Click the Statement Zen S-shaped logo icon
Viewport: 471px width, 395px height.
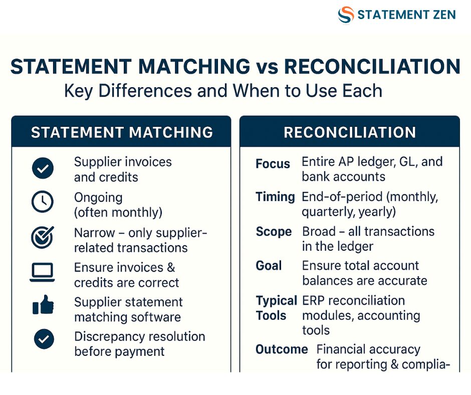[346, 15]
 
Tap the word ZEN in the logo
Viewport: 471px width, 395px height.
[444, 15]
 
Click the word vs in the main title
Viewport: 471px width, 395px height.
[267, 67]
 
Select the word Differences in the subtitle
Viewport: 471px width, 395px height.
[145, 91]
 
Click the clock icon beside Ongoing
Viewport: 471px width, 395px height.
[43, 202]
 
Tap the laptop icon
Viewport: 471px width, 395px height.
[42, 272]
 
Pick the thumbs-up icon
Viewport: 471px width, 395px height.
[43, 304]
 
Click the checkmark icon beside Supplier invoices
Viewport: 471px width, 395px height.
[43, 168]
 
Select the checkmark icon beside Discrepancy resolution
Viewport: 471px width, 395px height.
[44, 339]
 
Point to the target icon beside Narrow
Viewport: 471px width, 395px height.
[43, 237]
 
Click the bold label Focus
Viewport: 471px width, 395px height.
[273, 164]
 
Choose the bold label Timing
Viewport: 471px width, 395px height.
[275, 197]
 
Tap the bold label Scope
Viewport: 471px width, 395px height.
[274, 232]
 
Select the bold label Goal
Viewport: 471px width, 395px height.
[269, 266]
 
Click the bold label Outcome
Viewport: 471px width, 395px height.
[282, 349]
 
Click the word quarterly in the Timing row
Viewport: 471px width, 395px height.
[329, 212]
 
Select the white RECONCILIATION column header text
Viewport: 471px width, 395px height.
[350, 132]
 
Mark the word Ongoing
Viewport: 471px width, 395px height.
[98, 198]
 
